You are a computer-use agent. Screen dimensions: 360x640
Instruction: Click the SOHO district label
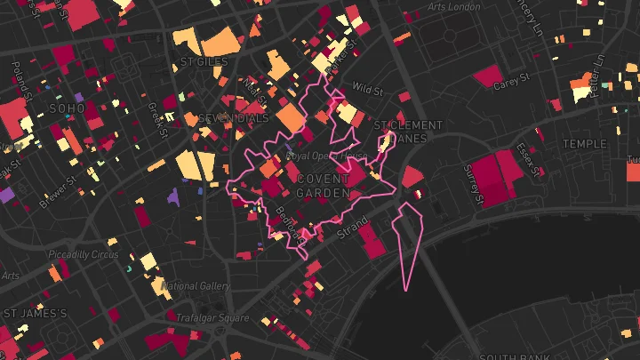(68, 108)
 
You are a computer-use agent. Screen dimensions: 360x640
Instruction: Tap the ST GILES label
(204, 62)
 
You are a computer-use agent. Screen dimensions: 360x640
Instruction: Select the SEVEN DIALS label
(232, 118)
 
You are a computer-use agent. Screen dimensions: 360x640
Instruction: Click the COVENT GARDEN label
(323, 186)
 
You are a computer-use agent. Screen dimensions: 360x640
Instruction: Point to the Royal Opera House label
(326, 156)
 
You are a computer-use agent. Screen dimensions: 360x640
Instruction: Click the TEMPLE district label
(584, 143)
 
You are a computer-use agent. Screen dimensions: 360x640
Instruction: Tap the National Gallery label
(196, 286)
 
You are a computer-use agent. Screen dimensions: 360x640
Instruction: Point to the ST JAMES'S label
(36, 313)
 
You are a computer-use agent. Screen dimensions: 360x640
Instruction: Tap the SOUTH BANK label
(502, 353)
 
